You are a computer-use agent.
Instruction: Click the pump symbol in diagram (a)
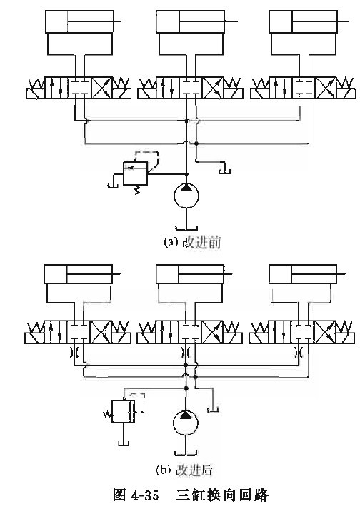[186, 196]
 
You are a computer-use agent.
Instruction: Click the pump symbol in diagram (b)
[185, 423]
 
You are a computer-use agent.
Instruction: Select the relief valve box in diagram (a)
[135, 173]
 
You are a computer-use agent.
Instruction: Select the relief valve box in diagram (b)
[123, 411]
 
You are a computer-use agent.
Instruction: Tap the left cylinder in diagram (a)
[79, 21]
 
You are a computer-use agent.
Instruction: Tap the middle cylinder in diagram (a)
[191, 21]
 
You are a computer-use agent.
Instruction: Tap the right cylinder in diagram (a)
[303, 21]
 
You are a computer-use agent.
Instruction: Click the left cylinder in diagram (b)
[79, 274]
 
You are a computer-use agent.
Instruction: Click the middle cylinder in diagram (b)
[190, 274]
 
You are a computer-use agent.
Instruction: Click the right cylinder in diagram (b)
[303, 274]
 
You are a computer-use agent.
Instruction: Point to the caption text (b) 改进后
[184, 470]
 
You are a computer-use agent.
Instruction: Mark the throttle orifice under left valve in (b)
[74, 351]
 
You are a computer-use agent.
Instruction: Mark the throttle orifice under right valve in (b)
[299, 351]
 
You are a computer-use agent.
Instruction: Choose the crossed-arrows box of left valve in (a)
[101, 88]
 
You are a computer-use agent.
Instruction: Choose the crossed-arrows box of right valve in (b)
[325, 332]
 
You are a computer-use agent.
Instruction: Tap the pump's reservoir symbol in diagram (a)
[186, 228]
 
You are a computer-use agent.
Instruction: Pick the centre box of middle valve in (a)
[191, 88]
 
